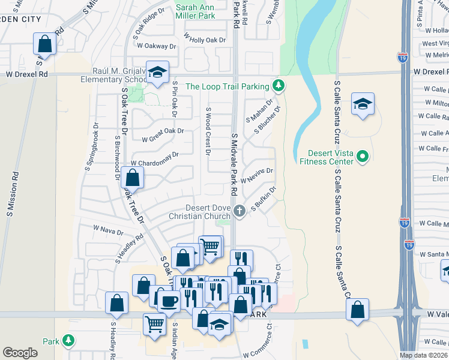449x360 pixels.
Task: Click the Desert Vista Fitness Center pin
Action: [x=362, y=158]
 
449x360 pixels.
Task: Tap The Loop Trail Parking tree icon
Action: [x=278, y=86]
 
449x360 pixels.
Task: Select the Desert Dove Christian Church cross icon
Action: [x=239, y=210]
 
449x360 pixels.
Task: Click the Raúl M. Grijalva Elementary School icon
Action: [x=157, y=72]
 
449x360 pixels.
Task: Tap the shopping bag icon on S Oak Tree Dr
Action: [x=132, y=178]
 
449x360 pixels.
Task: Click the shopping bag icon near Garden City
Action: [x=45, y=43]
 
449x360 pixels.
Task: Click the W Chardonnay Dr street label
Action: [x=155, y=159]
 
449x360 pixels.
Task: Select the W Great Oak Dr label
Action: [x=163, y=135]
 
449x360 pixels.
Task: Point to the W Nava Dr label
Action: [x=108, y=230]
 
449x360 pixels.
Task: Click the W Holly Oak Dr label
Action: [x=205, y=39]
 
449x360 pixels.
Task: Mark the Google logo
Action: [x=20, y=353]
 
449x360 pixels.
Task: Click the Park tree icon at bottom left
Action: [x=68, y=341]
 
